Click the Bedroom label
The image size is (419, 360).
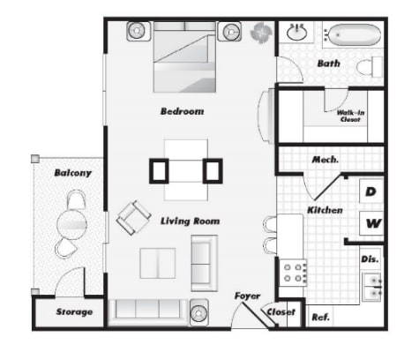pyautogui.click(x=182, y=111)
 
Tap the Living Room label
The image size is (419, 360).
pyautogui.click(x=190, y=221)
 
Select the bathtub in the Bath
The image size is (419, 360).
pyautogui.click(x=354, y=34)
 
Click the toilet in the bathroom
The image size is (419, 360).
pyautogui.click(x=370, y=67)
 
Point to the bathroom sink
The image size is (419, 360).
pyautogui.click(x=297, y=32)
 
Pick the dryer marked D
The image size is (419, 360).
pyautogui.click(x=371, y=191)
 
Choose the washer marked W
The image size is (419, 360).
pyautogui.click(x=371, y=223)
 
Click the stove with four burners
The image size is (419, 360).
pyautogui.click(x=293, y=273)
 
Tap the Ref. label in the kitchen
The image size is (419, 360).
pyautogui.click(x=320, y=317)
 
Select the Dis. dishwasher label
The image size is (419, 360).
pyautogui.click(x=370, y=259)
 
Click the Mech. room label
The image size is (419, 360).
pyautogui.click(x=325, y=160)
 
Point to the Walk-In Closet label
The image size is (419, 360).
pyautogui.click(x=350, y=116)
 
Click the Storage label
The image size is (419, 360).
pyautogui.click(x=74, y=311)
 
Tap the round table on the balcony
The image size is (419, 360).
pyautogui.click(x=71, y=224)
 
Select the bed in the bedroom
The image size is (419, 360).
pyautogui.click(x=184, y=56)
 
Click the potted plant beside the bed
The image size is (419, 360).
pyautogui.click(x=260, y=33)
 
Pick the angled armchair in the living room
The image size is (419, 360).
pyautogui.click(x=133, y=217)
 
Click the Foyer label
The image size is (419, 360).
pyautogui.click(x=247, y=296)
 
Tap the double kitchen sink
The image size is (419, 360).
pyautogui.click(x=372, y=287)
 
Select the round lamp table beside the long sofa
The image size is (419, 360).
pyautogui.click(x=199, y=312)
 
